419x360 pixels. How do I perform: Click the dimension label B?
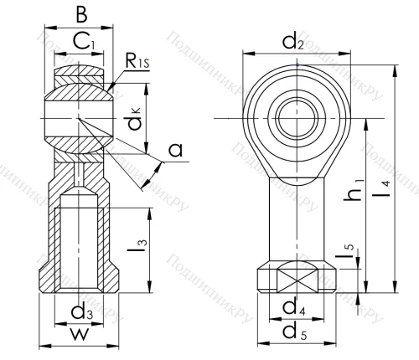coord(80,14)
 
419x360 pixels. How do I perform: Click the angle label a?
coord(174,151)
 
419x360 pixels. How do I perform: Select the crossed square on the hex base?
coord(291,280)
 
